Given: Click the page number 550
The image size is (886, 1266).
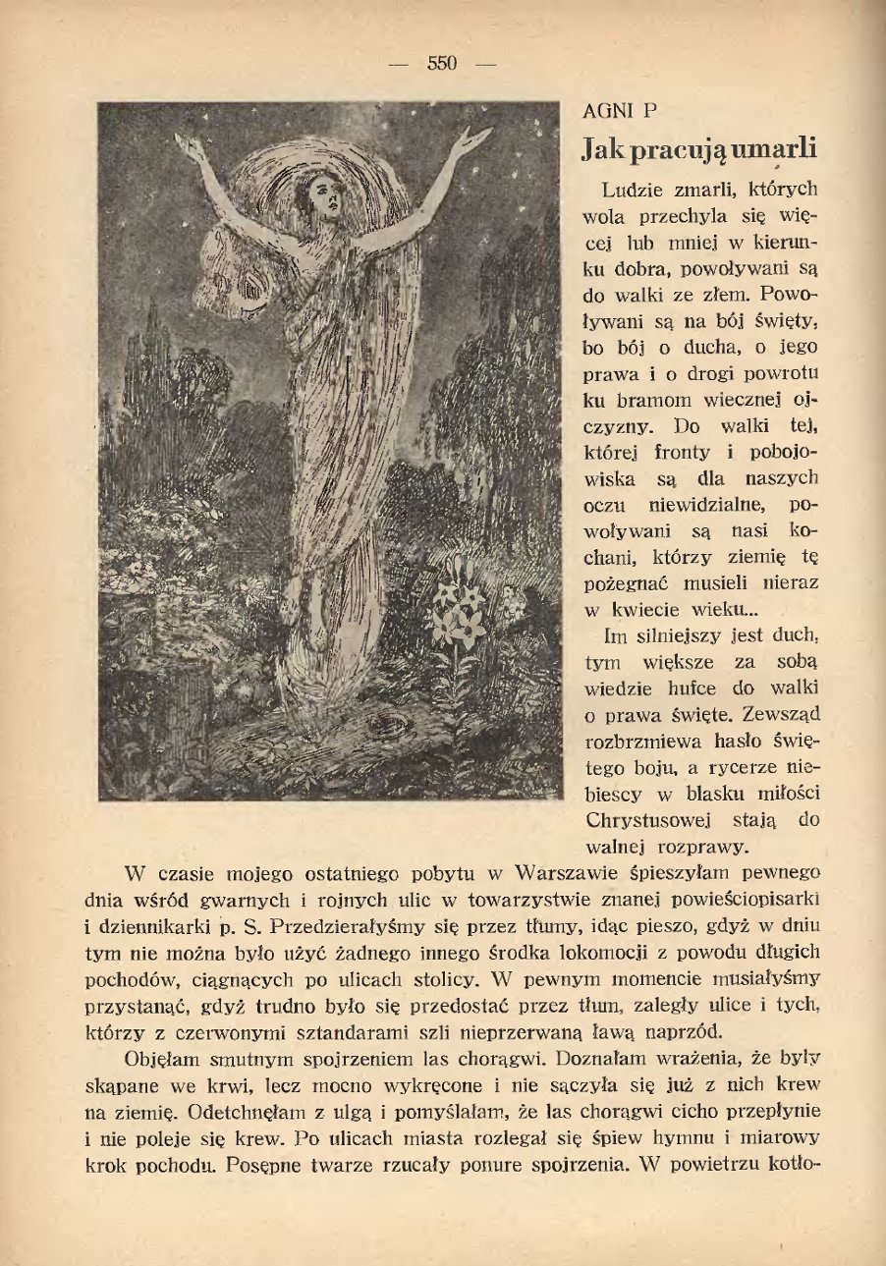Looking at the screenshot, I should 442,65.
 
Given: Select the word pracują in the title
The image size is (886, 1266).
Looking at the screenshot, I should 674,149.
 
